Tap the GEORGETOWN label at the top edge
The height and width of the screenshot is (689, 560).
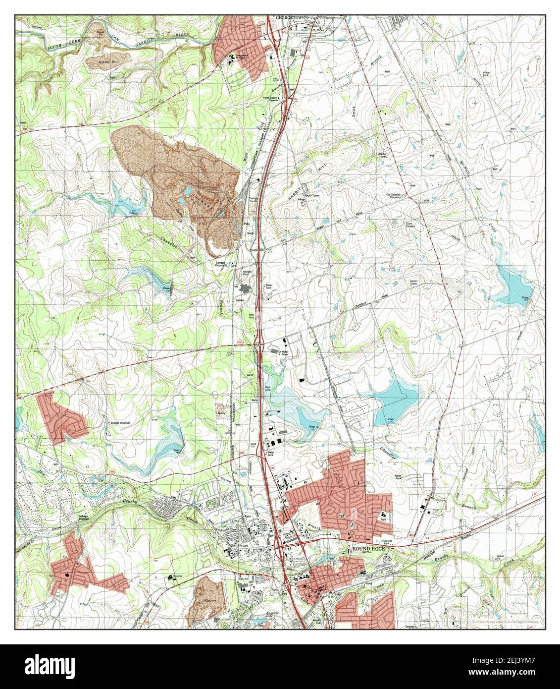click(289, 17)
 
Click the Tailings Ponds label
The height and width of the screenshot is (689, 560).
click(253, 201)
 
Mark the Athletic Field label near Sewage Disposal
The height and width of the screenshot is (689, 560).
click(247, 273)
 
